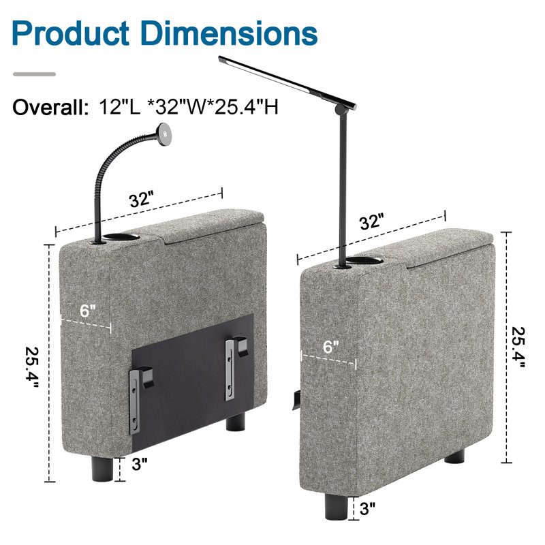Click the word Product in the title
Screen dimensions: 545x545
click(71, 33)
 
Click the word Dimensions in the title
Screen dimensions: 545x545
click(230, 33)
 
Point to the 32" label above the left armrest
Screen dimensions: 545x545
click(141, 200)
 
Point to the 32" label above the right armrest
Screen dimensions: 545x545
click(371, 221)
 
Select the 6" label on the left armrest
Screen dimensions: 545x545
click(87, 311)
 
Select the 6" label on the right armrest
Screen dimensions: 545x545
click(330, 347)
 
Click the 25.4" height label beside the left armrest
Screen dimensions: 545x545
click(32, 367)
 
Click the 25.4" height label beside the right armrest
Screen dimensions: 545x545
click(518, 347)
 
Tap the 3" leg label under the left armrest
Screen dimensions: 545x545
click(140, 464)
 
